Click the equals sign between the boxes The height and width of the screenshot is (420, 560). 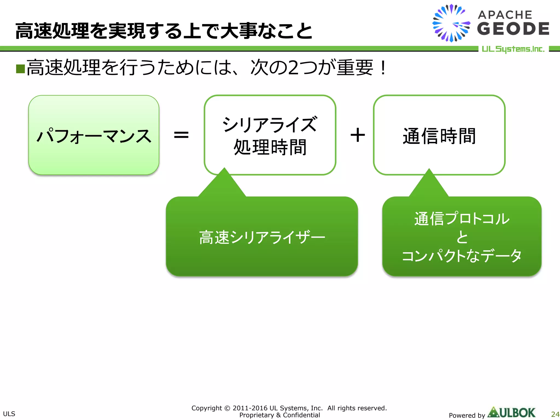(181, 135)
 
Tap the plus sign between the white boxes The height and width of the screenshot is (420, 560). (358, 135)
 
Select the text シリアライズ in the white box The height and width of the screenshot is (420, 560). (270, 124)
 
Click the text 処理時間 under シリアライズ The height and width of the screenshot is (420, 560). (270, 147)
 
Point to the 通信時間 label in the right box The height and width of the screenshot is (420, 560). (439, 136)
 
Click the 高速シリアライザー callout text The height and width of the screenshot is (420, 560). (262, 237)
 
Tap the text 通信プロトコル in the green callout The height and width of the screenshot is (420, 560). (462, 218)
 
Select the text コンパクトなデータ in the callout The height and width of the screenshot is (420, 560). (462, 256)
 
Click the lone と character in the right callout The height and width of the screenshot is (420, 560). (462, 237)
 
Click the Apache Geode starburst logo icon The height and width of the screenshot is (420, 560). (451, 23)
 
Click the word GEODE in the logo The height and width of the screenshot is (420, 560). (513, 29)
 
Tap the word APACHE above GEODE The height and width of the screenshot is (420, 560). (505, 15)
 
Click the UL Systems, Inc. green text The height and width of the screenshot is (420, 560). (513, 49)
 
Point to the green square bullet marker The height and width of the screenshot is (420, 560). (21, 69)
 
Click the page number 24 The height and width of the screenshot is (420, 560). (555, 414)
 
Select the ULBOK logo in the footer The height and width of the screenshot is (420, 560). (512, 413)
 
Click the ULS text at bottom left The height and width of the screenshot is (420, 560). (9, 414)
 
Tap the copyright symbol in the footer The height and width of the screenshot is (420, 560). (227, 408)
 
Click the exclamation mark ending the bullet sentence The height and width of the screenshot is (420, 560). (383, 68)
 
